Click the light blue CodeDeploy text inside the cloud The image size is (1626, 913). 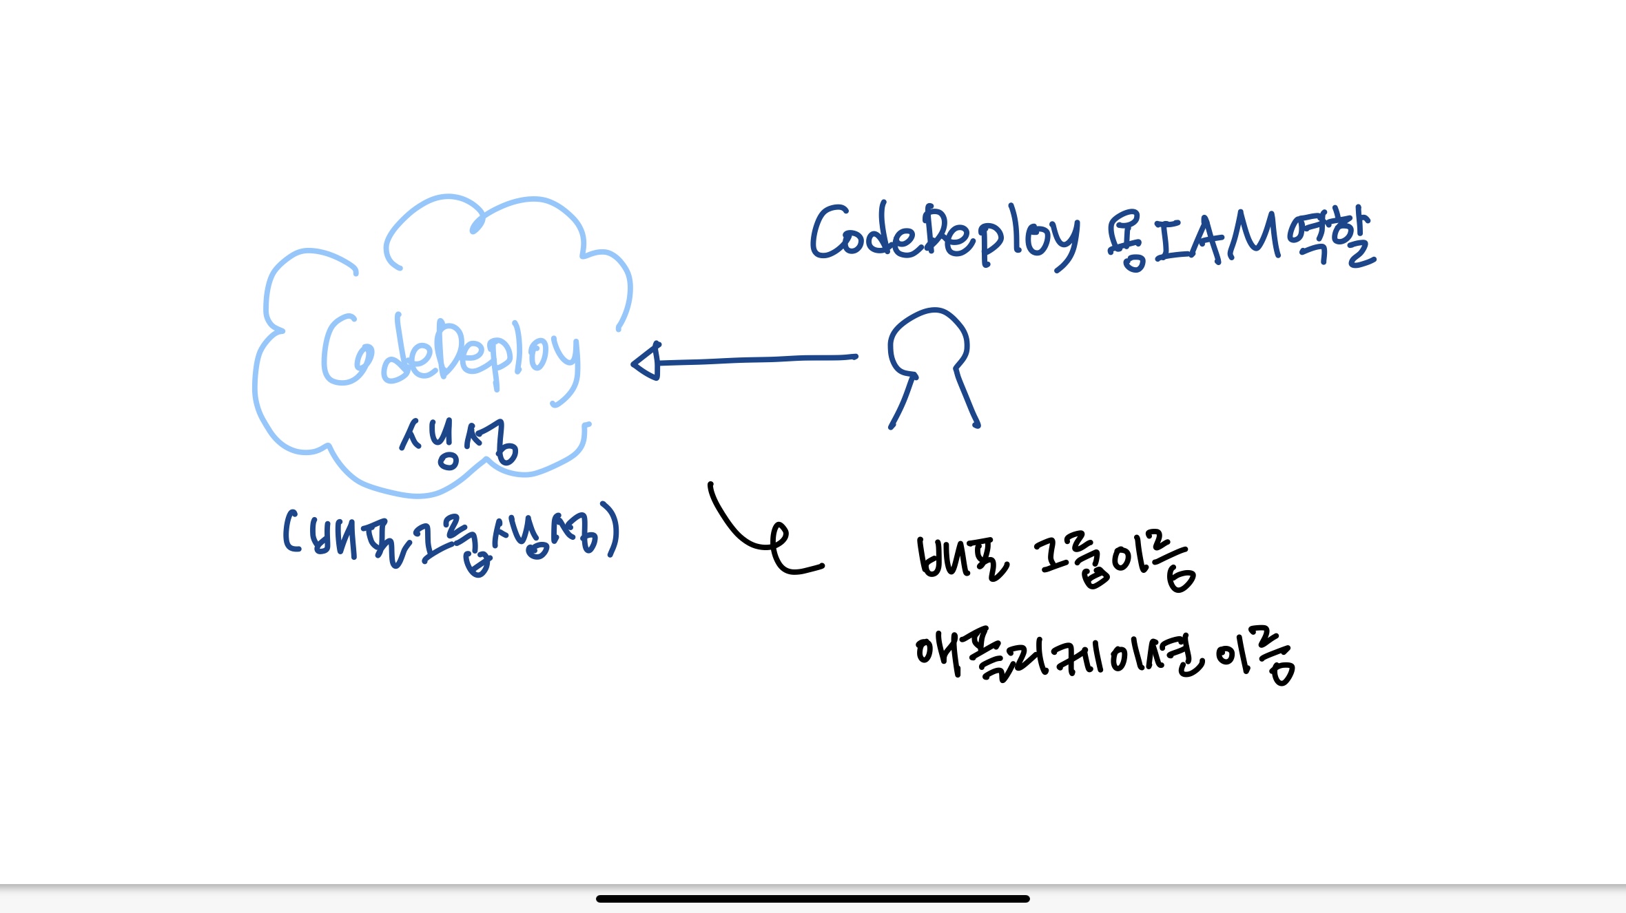[x=451, y=355]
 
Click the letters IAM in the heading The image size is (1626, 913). [x=1216, y=238]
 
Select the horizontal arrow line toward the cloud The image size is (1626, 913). [x=758, y=359]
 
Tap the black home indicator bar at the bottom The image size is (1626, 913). [x=813, y=899]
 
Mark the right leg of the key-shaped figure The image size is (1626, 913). [x=967, y=398]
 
